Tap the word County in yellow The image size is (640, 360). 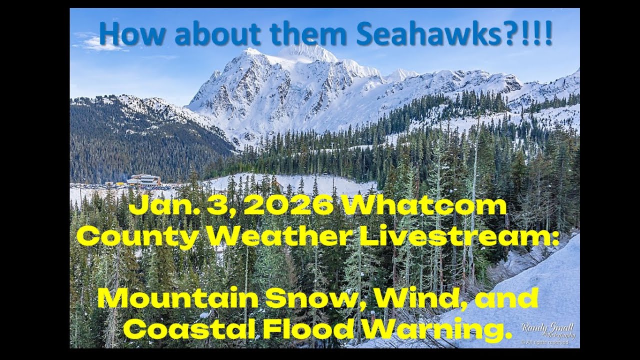[x=137, y=236]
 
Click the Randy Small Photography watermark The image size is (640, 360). [x=547, y=332]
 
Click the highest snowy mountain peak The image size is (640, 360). [x=307, y=51]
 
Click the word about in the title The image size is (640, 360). [x=217, y=33]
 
